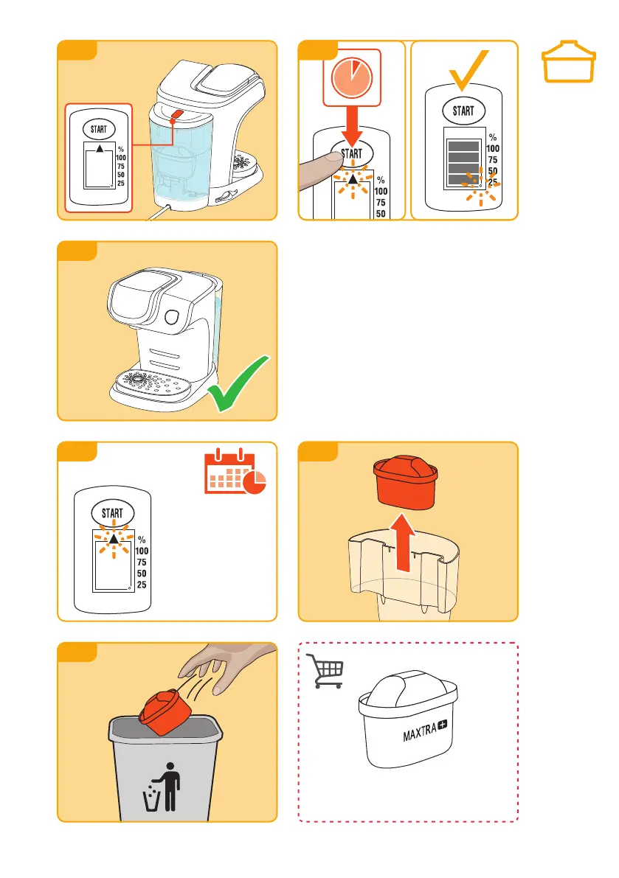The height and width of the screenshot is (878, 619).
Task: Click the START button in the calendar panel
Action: coord(112,512)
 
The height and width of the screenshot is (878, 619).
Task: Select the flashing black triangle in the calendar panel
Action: coord(113,540)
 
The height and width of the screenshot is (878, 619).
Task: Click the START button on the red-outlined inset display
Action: coord(98,129)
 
